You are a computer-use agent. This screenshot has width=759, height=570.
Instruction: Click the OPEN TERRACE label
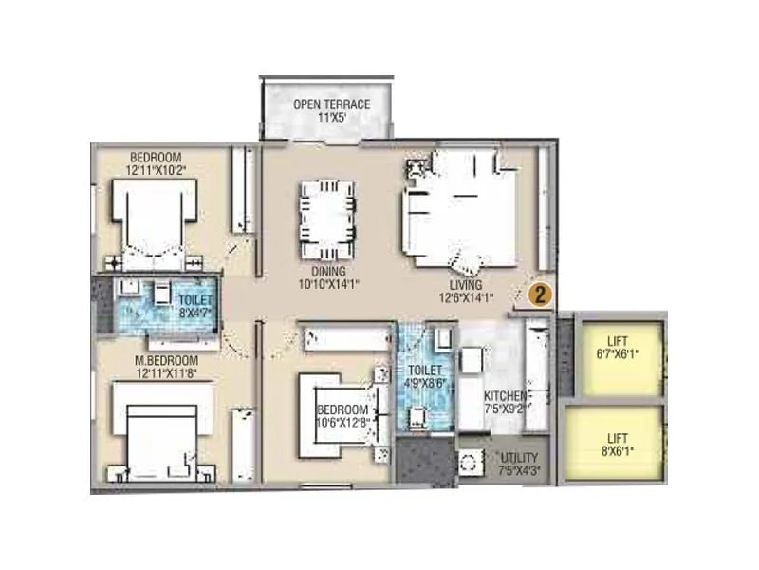[331, 104]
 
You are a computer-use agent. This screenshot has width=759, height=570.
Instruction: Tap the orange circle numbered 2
[539, 294]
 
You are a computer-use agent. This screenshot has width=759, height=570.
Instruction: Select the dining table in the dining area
[328, 214]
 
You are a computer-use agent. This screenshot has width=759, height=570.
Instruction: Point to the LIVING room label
[466, 284]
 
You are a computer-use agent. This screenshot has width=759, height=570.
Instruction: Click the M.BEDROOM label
[165, 361]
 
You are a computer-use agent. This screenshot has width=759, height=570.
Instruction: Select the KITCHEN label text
[506, 395]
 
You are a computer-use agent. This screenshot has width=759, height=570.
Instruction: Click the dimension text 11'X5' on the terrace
[331, 118]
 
